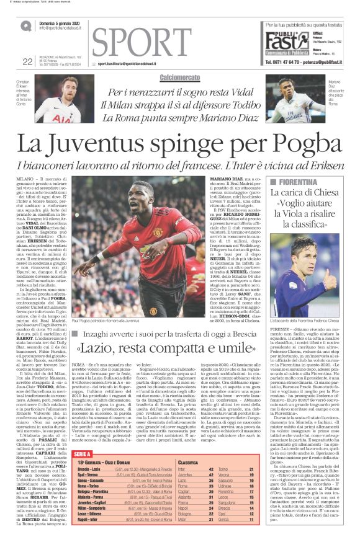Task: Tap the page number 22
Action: click(x=27, y=61)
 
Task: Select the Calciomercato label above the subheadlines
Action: click(x=179, y=78)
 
